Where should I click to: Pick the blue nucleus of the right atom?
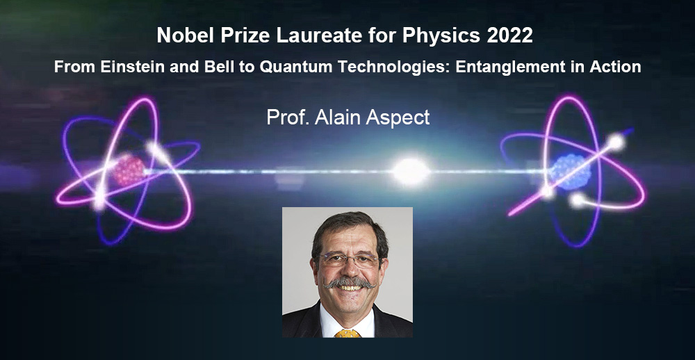[570, 172]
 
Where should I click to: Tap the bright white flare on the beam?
[411, 171]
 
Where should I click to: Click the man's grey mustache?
[350, 282]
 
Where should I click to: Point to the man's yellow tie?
[347, 333]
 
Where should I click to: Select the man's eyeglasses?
[349, 260]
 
